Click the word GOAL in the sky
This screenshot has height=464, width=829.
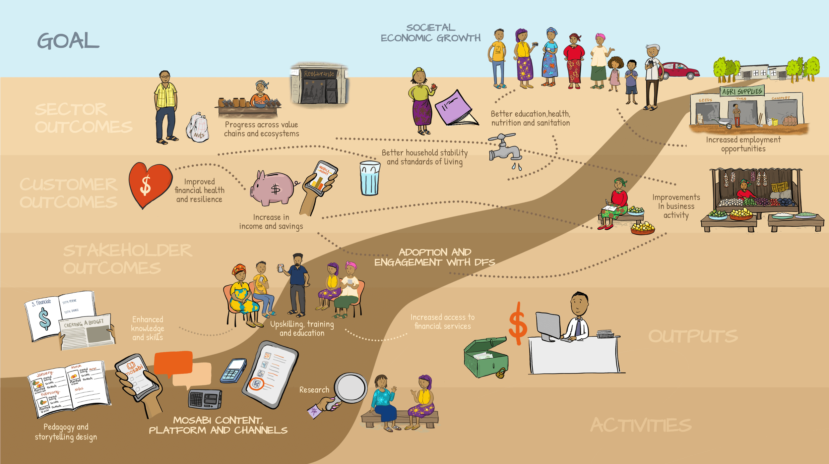[x=68, y=41]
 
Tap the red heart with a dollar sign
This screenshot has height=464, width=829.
[x=149, y=184]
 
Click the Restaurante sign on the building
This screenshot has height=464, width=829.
[x=319, y=74]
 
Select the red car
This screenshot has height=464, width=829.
[x=680, y=70]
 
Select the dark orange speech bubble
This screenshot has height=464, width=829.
[x=173, y=363]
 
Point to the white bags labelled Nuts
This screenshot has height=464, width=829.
[x=198, y=128]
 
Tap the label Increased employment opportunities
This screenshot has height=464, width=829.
[x=743, y=144]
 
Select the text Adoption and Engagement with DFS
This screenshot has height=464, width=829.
[x=434, y=257]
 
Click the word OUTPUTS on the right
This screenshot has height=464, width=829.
[x=693, y=336]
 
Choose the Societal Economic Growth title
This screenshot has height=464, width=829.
[x=430, y=32]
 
